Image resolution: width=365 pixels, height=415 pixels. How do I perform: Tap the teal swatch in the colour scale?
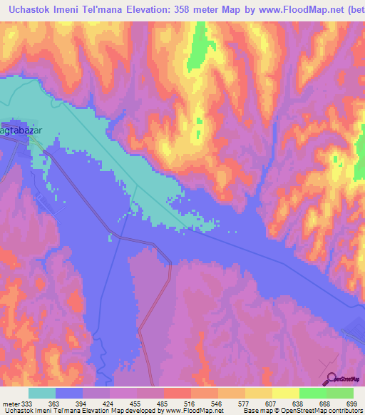pyautogui.click(x=42, y=393)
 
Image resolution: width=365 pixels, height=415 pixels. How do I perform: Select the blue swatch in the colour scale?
pyautogui.click(x=69, y=393)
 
